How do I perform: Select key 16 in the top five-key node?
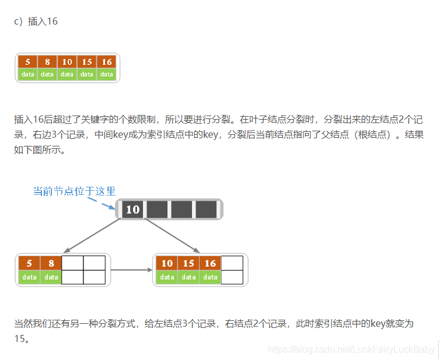pyautogui.click(x=106, y=62)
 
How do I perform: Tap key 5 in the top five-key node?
pyautogui.click(x=27, y=62)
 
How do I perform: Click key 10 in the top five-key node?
pyautogui.click(x=67, y=62)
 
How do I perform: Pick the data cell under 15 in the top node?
pyautogui.click(x=87, y=74)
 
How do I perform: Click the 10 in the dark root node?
pyautogui.click(x=132, y=209)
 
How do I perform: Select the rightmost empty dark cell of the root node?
pyautogui.click(x=206, y=209)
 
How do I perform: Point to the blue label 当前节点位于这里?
pyautogui.click(x=74, y=191)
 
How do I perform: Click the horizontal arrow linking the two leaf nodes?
pyautogui.click(x=131, y=270)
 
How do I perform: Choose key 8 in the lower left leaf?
pyautogui.click(x=51, y=263)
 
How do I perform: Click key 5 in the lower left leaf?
pyautogui.click(x=29, y=263)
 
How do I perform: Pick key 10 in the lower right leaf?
pyautogui.click(x=167, y=263)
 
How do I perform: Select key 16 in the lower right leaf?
pyautogui.click(x=210, y=263)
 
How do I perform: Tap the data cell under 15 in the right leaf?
pyautogui.click(x=188, y=277)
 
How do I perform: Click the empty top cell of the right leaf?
pyautogui.click(x=232, y=263)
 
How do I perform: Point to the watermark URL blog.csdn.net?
pyautogui.click(x=351, y=349)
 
